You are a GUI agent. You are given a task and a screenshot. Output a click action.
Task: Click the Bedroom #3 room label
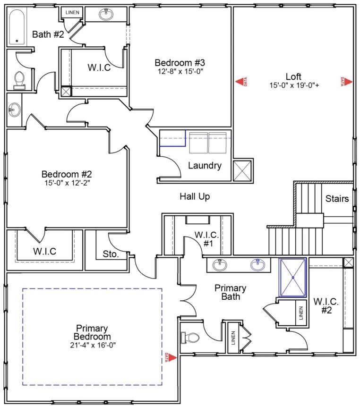180,63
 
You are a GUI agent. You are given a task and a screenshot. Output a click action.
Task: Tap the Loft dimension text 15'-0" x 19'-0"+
294,85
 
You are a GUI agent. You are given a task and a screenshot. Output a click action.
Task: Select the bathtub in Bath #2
17,27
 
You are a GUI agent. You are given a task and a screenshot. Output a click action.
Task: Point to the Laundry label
205,165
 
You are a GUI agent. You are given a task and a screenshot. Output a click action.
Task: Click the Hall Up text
195,196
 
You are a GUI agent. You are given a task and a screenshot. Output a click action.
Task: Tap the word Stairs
337,199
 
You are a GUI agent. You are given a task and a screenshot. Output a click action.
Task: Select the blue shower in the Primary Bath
293,277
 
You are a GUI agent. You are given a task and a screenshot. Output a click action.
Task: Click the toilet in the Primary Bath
190,338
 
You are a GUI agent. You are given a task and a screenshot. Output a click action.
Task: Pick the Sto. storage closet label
111,254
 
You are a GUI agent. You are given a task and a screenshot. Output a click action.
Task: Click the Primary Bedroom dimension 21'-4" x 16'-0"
93,345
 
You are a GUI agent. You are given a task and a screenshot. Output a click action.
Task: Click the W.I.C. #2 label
326,305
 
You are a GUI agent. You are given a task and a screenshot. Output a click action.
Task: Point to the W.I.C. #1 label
206,239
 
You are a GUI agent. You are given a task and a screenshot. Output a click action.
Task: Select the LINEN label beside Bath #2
72,12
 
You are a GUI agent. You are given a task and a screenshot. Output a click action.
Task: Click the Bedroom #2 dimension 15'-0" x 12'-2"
67,183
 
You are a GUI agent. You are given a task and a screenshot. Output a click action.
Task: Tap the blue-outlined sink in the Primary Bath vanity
257,265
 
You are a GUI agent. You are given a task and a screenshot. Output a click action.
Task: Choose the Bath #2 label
48,34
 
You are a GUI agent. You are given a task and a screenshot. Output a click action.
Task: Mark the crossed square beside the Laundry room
242,170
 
